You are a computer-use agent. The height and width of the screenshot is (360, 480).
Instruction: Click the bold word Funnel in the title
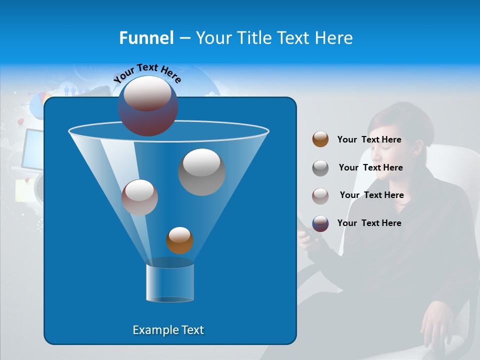pyautogui.click(x=146, y=38)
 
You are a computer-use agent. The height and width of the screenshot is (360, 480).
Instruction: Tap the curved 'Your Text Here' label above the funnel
pyautogui.click(x=147, y=72)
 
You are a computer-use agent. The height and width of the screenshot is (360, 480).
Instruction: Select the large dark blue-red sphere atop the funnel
pyautogui.click(x=147, y=105)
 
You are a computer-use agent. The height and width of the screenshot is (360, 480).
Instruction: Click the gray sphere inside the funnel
pyautogui.click(x=201, y=171)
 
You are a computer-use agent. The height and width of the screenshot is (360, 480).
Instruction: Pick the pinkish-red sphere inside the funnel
pyautogui.click(x=139, y=197)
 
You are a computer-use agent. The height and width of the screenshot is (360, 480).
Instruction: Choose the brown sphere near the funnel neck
pyautogui.click(x=179, y=240)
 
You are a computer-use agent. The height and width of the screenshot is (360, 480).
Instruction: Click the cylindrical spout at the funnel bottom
pyautogui.click(x=170, y=283)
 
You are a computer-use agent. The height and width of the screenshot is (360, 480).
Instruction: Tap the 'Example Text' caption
pyautogui.click(x=168, y=330)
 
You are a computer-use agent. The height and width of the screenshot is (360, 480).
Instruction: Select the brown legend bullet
pyautogui.click(x=320, y=139)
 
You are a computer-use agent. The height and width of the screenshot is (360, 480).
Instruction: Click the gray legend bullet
pyautogui.click(x=320, y=167)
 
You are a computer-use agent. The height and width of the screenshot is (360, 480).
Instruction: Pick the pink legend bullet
pyautogui.click(x=320, y=195)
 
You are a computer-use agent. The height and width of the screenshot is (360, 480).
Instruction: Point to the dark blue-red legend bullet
pyautogui.click(x=320, y=223)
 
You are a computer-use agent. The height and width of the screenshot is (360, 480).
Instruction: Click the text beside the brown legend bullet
pyautogui.click(x=369, y=139)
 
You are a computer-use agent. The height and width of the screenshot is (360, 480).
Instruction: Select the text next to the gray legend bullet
pyautogui.click(x=370, y=167)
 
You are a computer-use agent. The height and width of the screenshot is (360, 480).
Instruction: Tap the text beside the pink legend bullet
pyautogui.click(x=371, y=195)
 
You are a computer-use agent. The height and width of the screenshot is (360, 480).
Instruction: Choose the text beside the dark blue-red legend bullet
pyautogui.click(x=369, y=223)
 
